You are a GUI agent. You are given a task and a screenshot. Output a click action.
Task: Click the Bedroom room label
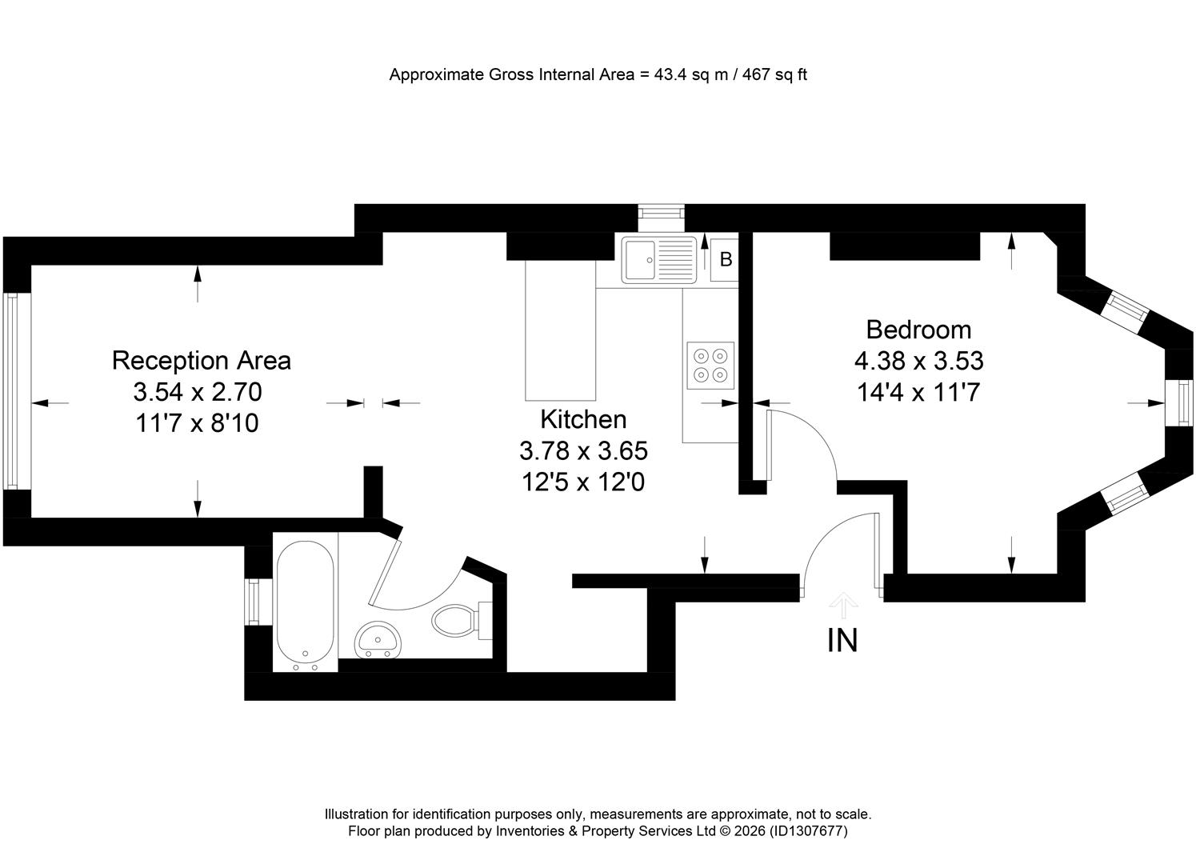pyautogui.click(x=918, y=330)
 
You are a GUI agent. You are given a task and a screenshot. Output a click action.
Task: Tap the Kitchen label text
pyautogui.click(x=583, y=420)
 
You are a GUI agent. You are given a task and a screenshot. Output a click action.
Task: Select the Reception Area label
pyautogui.click(x=202, y=361)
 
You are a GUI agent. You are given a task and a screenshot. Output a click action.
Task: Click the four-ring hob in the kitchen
pyautogui.click(x=710, y=366)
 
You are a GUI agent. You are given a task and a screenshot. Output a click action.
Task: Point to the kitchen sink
pyautogui.click(x=659, y=259)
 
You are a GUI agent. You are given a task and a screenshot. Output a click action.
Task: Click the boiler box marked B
pyautogui.click(x=725, y=260)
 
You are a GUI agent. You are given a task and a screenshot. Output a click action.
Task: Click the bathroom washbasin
pyautogui.click(x=378, y=640)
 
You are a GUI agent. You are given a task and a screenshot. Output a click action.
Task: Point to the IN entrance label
pyautogui.click(x=842, y=641)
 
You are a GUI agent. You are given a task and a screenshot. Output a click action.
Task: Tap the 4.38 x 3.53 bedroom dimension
pyautogui.click(x=919, y=361)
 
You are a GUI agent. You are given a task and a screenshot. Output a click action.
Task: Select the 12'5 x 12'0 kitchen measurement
pyautogui.click(x=583, y=482)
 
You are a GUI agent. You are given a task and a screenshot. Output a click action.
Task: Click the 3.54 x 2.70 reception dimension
pyautogui.click(x=198, y=392)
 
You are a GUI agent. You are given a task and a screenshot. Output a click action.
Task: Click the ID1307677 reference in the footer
pyautogui.click(x=808, y=831)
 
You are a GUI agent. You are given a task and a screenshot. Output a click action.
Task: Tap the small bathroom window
pyautogui.click(x=252, y=602)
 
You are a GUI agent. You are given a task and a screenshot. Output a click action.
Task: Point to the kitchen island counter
pyautogui.click(x=561, y=330)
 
